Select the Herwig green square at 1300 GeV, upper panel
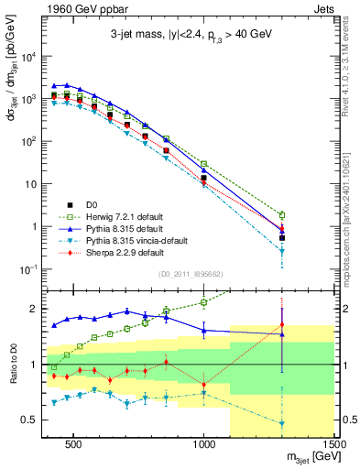tap(282, 215)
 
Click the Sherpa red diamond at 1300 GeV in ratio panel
tap(282, 324)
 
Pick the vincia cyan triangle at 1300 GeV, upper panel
tap(282, 250)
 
